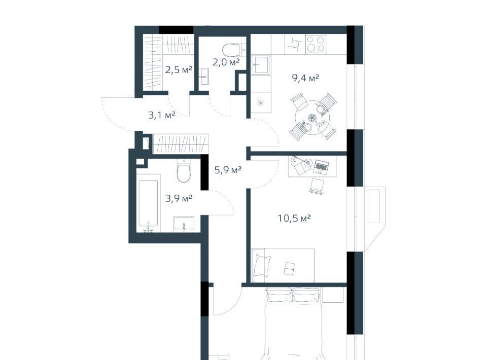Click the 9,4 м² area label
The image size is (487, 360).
(305, 78)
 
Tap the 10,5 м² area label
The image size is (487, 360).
(294, 219)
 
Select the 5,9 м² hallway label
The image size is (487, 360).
(228, 170)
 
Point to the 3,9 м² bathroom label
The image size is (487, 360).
(178, 198)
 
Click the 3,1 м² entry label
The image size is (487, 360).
(161, 116)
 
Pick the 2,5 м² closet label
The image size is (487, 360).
(178, 70)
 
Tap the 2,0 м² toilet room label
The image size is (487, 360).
(226, 62)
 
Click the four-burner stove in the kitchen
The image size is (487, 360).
(316, 44)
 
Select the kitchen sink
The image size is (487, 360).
(260, 65)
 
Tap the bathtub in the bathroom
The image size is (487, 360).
(148, 203)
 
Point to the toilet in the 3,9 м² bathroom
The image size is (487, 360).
(184, 171)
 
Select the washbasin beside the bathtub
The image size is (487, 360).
(184, 224)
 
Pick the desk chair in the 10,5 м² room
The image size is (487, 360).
(317, 186)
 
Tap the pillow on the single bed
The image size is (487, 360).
(262, 265)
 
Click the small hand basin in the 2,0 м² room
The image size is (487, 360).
(204, 77)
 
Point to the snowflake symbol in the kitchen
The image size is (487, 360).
(261, 103)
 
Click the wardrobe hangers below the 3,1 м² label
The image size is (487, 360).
(181, 143)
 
